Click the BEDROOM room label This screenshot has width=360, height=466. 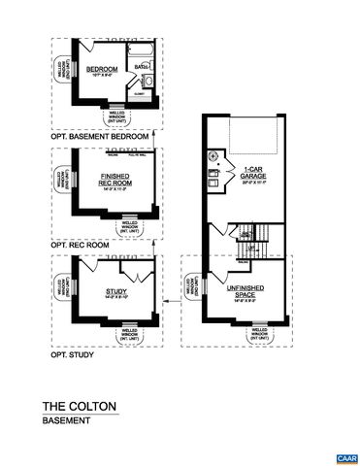[x=101, y=69]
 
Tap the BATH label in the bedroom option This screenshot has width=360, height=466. [x=140, y=66]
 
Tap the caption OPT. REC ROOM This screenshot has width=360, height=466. [x=78, y=246]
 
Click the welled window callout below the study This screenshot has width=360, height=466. [x=127, y=336]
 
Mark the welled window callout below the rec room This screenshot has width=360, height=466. [x=128, y=228]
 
